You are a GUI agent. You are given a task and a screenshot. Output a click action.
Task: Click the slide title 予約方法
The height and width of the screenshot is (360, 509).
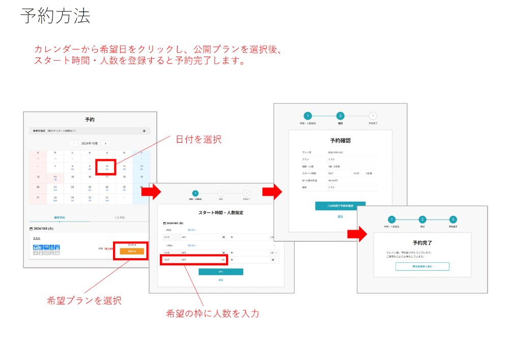[x=55, y=16]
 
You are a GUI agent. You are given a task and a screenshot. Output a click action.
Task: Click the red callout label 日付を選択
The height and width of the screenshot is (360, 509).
[x=199, y=139]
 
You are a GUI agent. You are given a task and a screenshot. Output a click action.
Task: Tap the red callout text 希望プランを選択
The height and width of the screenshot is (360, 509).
[x=84, y=300]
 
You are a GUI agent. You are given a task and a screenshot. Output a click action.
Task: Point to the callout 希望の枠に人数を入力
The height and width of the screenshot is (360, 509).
[x=212, y=313]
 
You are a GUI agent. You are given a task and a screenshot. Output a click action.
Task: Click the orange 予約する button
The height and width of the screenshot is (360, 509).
[x=132, y=252]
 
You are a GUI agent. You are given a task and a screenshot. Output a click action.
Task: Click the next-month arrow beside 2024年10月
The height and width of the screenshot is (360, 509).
[x=105, y=144]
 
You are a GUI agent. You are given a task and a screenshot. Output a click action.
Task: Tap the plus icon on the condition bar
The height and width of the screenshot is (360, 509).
[x=144, y=131]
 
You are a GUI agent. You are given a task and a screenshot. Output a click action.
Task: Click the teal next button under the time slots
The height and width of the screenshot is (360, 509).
[x=221, y=272]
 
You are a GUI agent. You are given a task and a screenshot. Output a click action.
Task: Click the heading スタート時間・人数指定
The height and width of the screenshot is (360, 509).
[x=220, y=212]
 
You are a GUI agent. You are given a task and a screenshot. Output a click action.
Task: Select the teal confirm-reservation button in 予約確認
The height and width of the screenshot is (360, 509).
[x=340, y=206]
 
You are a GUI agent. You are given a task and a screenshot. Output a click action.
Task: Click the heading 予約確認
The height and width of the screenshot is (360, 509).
[x=340, y=140]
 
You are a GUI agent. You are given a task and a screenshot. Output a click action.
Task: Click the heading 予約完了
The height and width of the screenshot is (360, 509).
[x=422, y=243]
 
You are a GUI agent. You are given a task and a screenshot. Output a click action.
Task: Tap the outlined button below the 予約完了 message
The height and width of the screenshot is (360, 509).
[x=422, y=266]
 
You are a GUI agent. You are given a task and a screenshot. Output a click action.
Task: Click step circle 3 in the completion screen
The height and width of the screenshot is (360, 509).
[x=453, y=219]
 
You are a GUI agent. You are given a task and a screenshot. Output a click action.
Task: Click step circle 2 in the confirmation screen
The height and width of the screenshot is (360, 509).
[x=341, y=116]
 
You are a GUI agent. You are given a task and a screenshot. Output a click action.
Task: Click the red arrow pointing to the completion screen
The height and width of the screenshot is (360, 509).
[x=357, y=234]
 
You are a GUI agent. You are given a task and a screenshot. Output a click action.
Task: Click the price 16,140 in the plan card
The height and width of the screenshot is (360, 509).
[x=108, y=249]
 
